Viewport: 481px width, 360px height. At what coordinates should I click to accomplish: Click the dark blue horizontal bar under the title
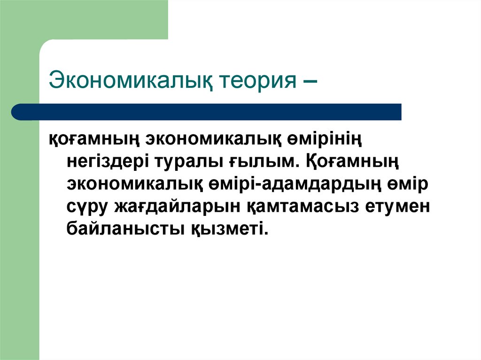coord(211,112)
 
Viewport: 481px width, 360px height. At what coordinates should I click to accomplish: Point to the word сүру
coord(88,207)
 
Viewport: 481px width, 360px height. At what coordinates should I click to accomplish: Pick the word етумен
coord(400,207)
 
